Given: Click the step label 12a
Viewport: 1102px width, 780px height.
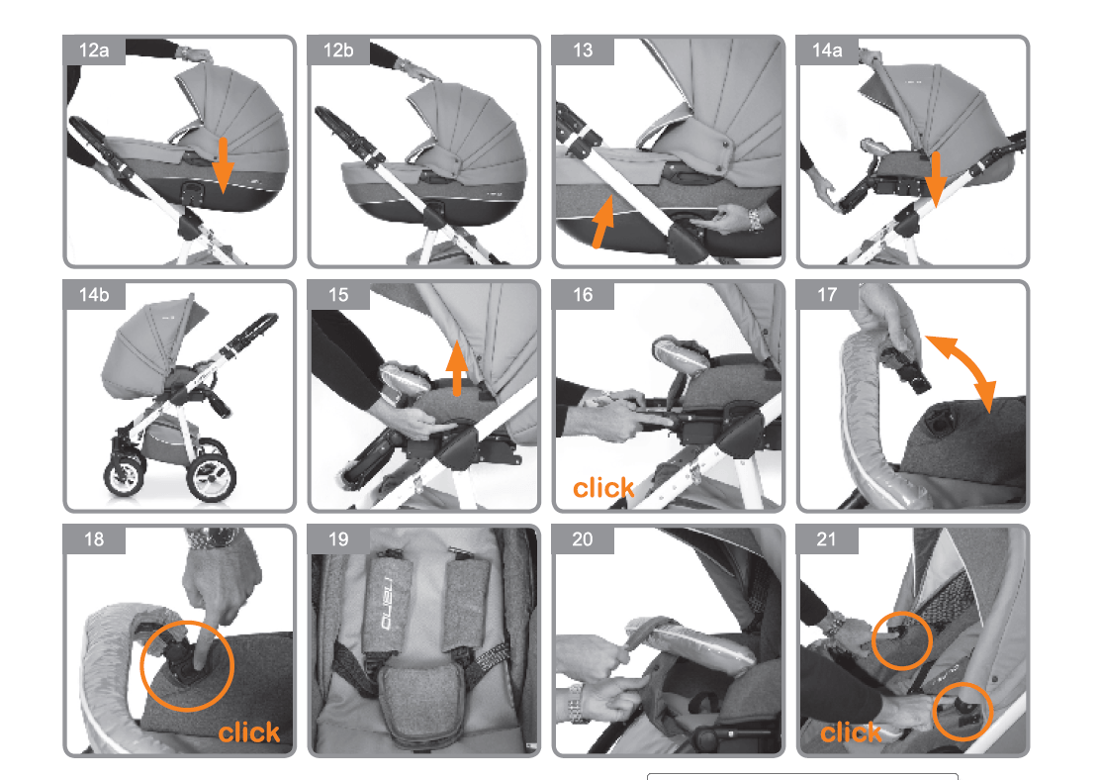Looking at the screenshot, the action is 94,50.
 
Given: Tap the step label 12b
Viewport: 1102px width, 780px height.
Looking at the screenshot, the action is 338,50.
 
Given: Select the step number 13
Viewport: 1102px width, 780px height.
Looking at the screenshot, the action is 583,50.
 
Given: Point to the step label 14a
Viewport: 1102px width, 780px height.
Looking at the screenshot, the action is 827,50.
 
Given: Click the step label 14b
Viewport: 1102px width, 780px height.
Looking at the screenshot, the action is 94,295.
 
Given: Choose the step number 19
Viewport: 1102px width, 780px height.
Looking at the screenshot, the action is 338,539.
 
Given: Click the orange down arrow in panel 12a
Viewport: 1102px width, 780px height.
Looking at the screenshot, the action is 223,165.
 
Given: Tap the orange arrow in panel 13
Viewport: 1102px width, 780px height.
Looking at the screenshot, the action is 602,222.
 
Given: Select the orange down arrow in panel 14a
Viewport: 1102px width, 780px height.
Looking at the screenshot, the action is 936,179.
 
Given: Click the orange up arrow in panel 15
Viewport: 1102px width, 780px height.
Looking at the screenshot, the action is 458,368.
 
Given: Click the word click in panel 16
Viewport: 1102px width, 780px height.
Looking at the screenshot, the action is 603,487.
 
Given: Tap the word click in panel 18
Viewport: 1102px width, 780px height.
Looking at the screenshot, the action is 249,732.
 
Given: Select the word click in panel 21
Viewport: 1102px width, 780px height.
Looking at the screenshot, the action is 851,732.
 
